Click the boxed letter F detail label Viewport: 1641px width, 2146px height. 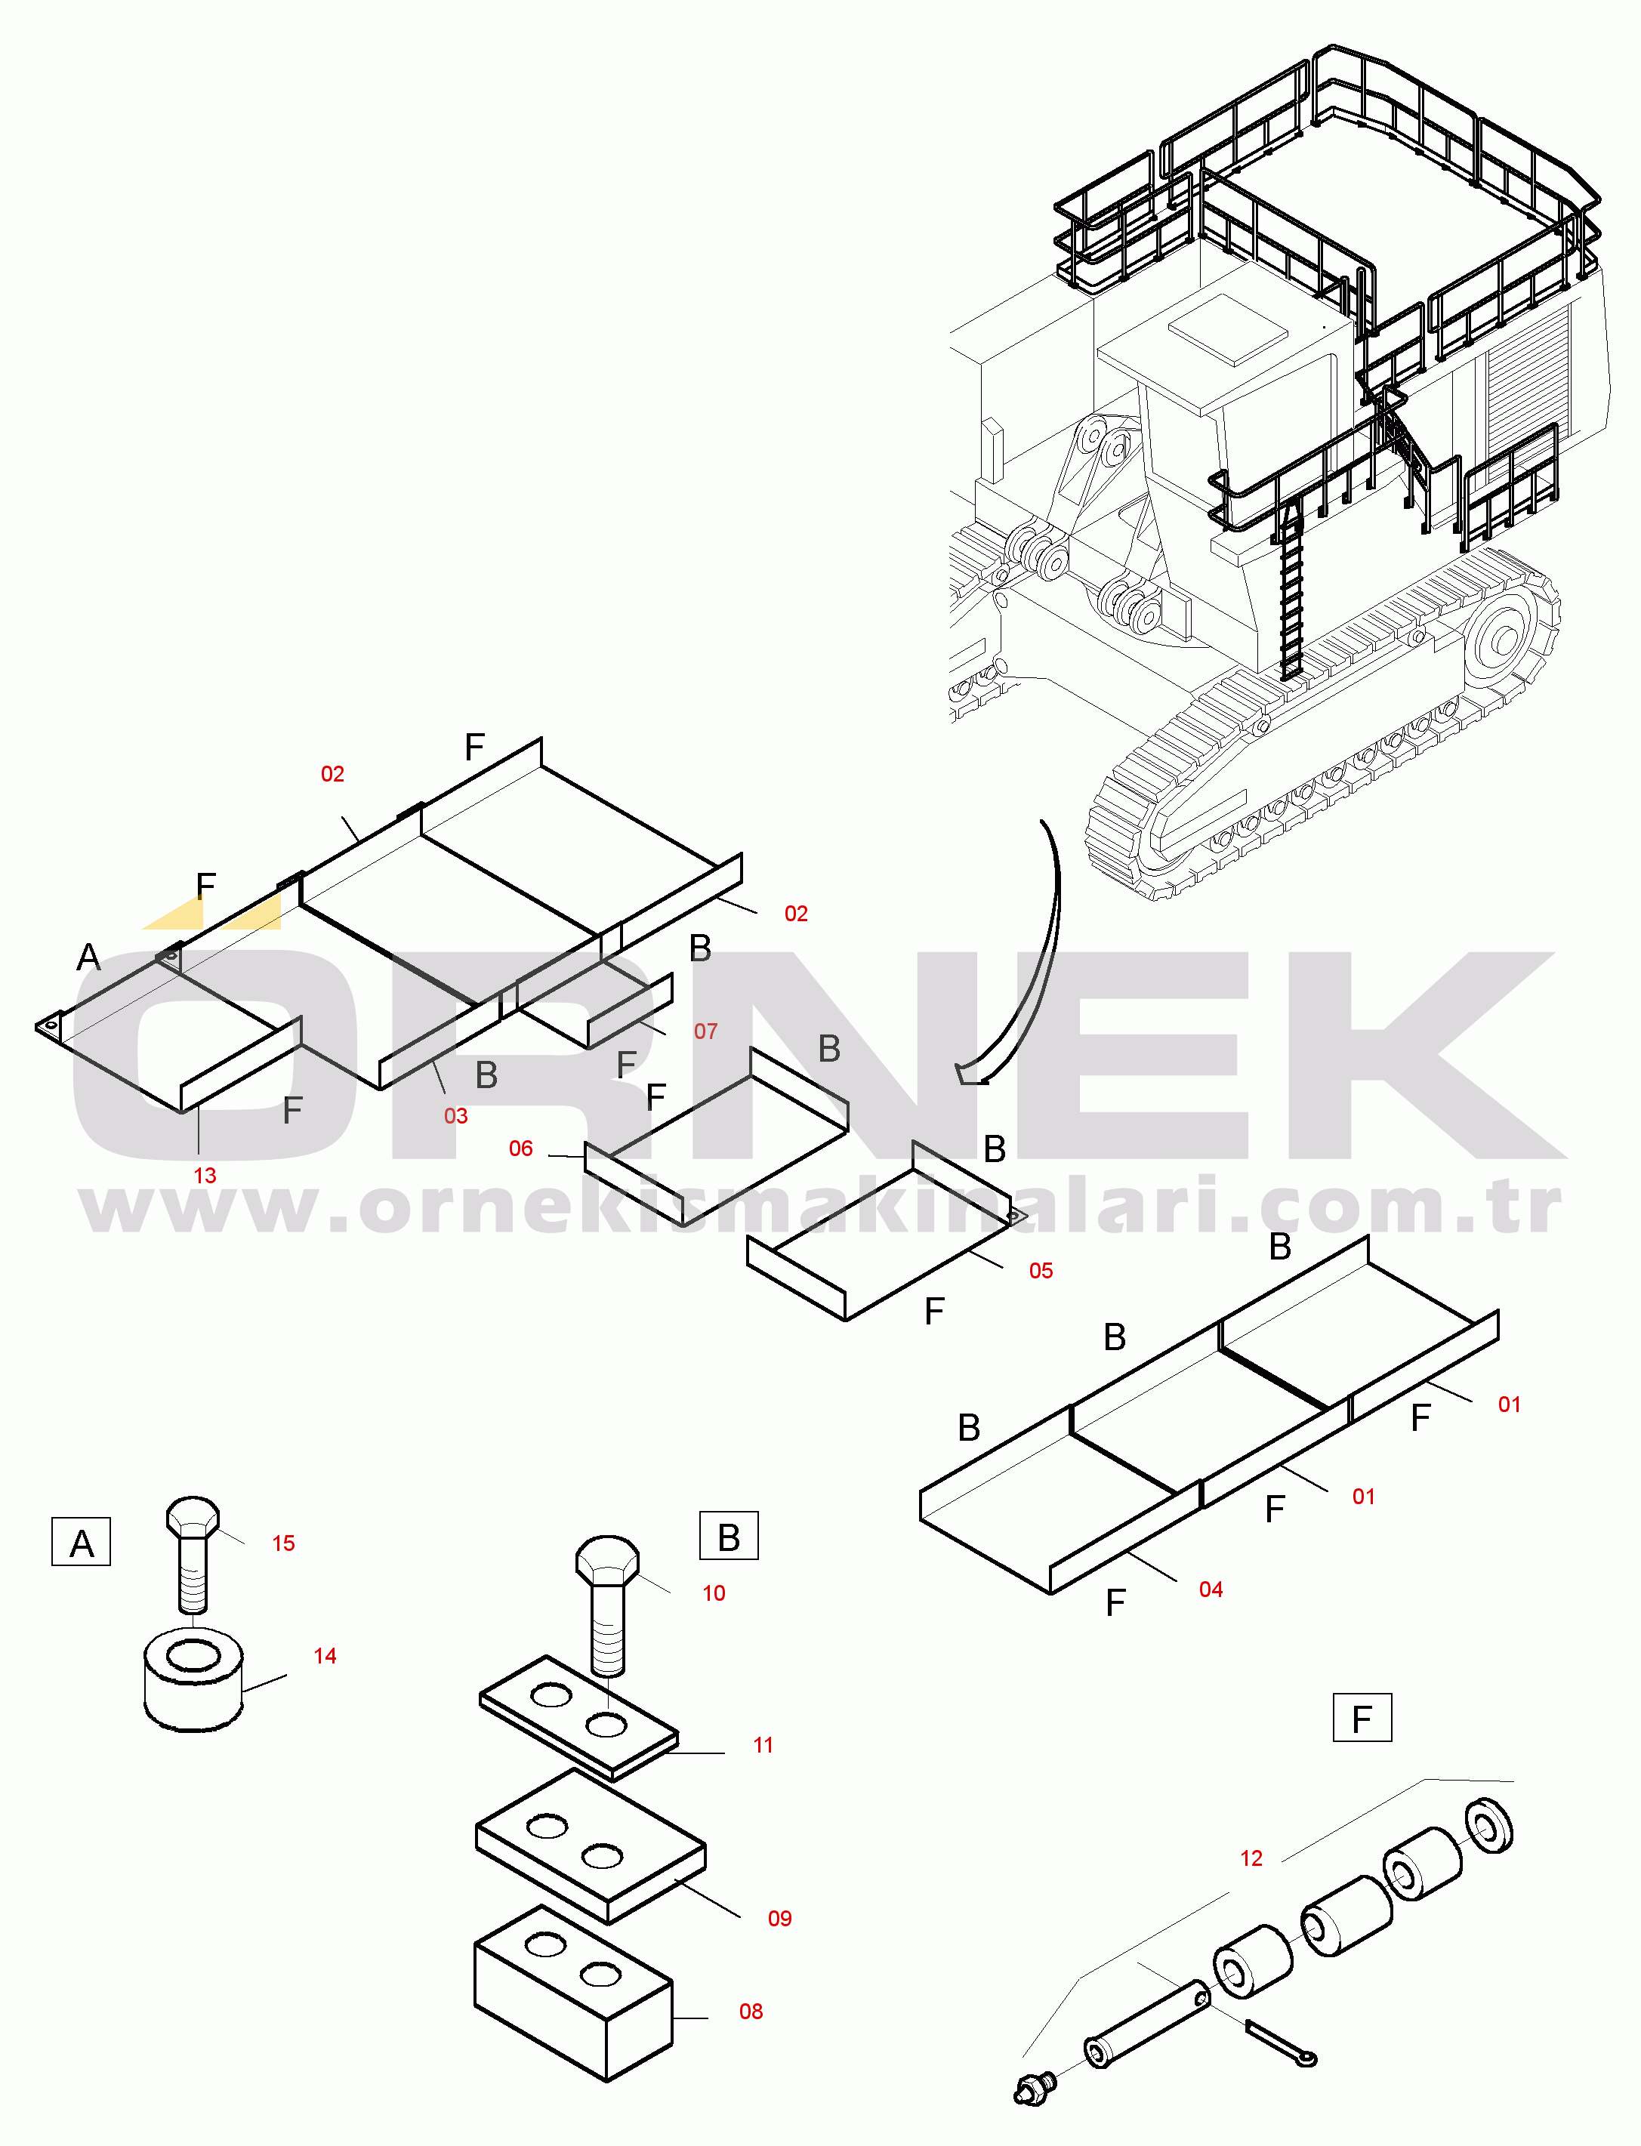point(1362,1718)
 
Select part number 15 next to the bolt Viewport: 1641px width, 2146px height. point(283,1543)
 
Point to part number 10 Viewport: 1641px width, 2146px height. point(714,1593)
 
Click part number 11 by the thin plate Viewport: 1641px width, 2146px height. point(763,1744)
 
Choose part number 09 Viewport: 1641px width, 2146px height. point(779,1919)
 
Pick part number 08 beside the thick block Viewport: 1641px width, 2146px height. point(751,2011)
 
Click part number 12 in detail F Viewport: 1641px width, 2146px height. point(1251,1858)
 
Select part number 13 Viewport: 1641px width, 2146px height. point(205,1175)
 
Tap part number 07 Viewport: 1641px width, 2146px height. point(705,1031)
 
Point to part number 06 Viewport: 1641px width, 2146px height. point(520,1148)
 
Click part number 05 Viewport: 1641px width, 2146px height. point(1041,1270)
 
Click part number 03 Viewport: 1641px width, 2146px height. point(456,1115)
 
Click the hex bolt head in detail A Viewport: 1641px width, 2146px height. point(193,1517)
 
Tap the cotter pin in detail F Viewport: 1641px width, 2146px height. point(1282,2044)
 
